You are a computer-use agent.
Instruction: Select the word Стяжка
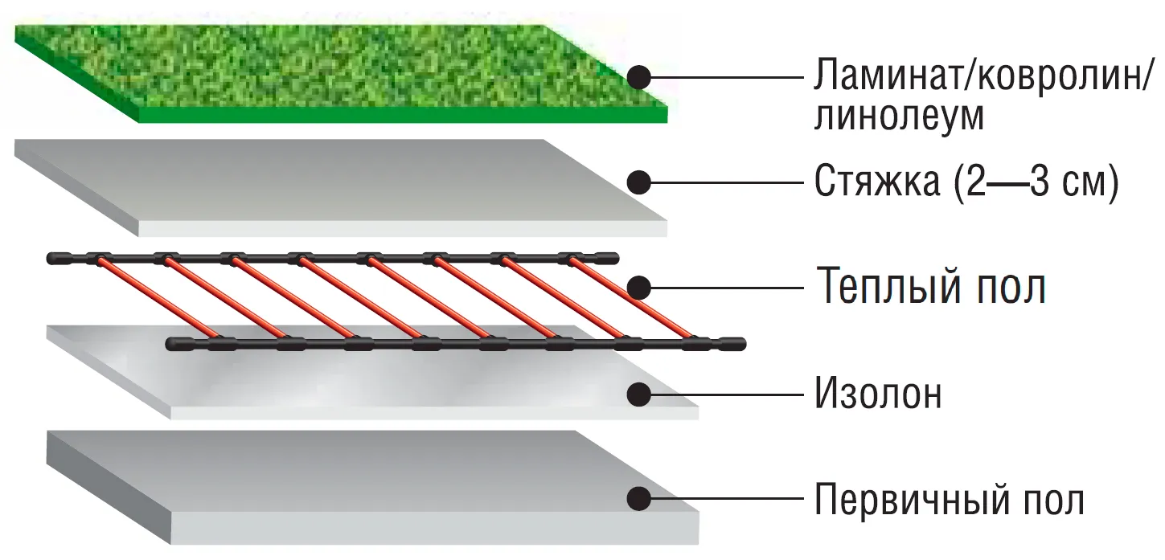(x=877, y=182)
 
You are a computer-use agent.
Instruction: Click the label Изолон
(x=879, y=394)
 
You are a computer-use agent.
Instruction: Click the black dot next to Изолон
(x=639, y=394)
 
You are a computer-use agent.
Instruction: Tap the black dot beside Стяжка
(x=639, y=182)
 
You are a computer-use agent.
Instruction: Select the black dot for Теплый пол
(x=639, y=288)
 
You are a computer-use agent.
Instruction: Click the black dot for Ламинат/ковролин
(x=639, y=77)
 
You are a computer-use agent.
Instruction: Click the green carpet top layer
(x=341, y=73)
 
